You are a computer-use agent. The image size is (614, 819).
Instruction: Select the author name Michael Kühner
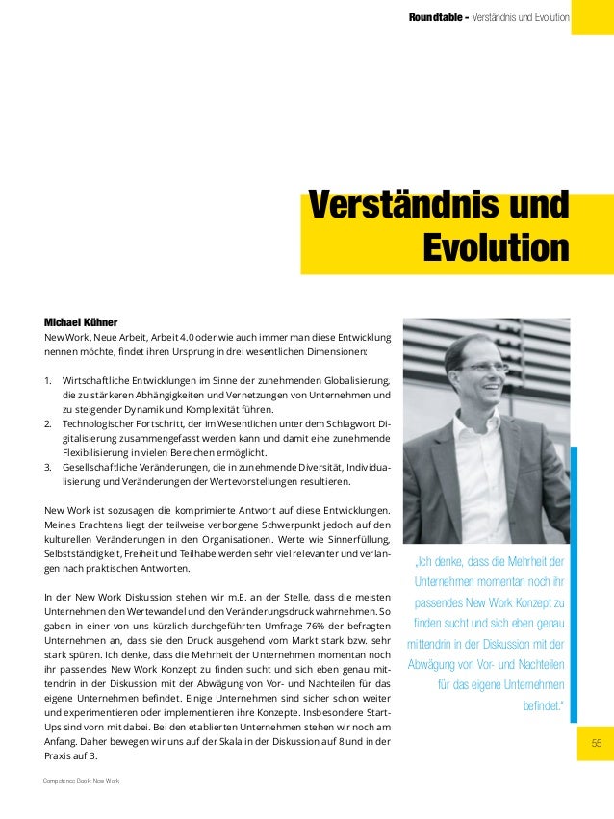[x=81, y=321]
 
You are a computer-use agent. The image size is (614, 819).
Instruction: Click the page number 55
[x=596, y=743]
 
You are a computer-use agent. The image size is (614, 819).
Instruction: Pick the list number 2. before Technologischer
[x=49, y=424]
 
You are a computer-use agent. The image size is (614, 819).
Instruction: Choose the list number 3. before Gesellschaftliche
[x=49, y=468]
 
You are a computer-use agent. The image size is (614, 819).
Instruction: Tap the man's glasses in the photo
[x=483, y=368]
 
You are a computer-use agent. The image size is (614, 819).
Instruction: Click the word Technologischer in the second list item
[x=104, y=424]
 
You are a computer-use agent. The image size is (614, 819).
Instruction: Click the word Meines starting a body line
[x=65, y=525]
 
